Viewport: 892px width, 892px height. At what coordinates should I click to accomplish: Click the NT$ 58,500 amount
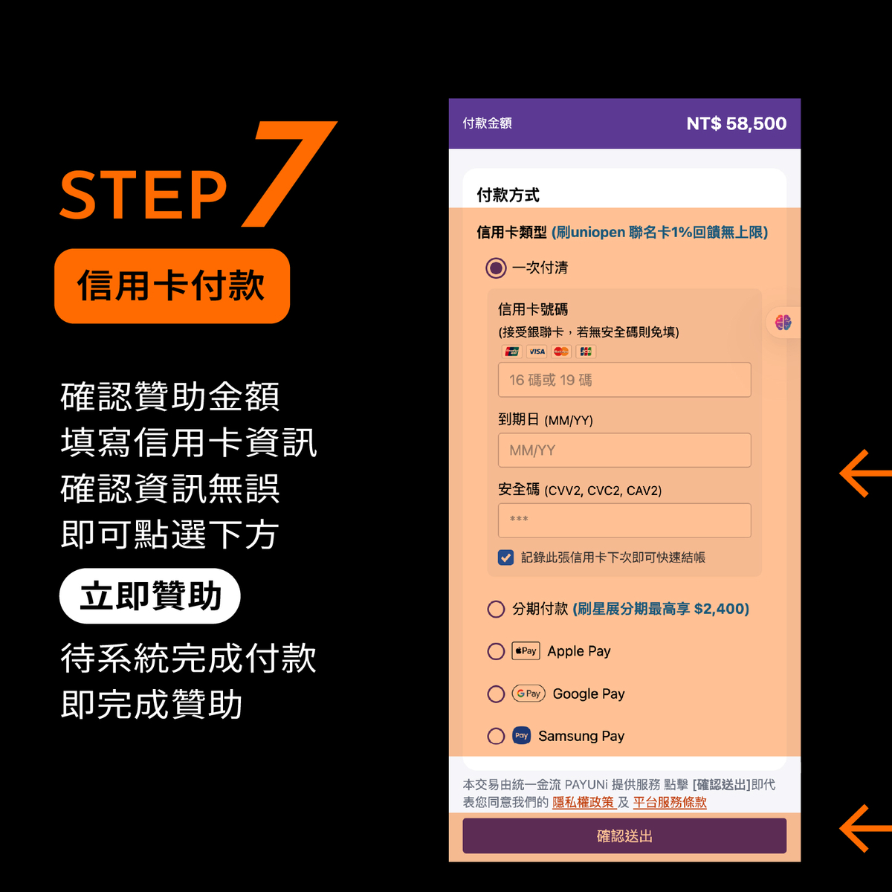(736, 123)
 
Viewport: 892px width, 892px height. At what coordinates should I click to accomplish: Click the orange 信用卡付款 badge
(172, 286)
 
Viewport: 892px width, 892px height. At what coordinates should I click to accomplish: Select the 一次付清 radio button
(496, 268)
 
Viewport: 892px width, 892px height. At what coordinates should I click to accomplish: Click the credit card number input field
(624, 380)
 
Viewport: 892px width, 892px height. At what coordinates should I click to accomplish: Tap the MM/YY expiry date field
(624, 450)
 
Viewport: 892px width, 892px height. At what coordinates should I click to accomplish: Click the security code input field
(624, 520)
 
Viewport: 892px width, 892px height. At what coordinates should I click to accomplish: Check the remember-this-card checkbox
(505, 557)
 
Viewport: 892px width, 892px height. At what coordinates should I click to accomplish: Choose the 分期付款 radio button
(496, 610)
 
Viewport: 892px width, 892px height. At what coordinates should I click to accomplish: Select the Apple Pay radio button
(496, 652)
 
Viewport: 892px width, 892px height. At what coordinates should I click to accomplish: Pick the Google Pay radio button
(496, 694)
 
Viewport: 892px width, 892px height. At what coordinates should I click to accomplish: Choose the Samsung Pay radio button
(496, 736)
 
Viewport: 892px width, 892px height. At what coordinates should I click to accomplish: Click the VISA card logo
(537, 352)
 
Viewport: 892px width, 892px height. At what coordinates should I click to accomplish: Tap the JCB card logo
(586, 352)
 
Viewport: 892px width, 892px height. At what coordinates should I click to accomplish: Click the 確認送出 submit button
(624, 836)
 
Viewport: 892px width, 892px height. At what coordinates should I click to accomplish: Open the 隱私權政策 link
(584, 803)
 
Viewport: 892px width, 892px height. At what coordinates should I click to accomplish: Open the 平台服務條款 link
(670, 803)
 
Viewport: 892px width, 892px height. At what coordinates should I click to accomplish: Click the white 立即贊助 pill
(150, 596)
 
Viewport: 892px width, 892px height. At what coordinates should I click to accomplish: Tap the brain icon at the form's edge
(783, 323)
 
